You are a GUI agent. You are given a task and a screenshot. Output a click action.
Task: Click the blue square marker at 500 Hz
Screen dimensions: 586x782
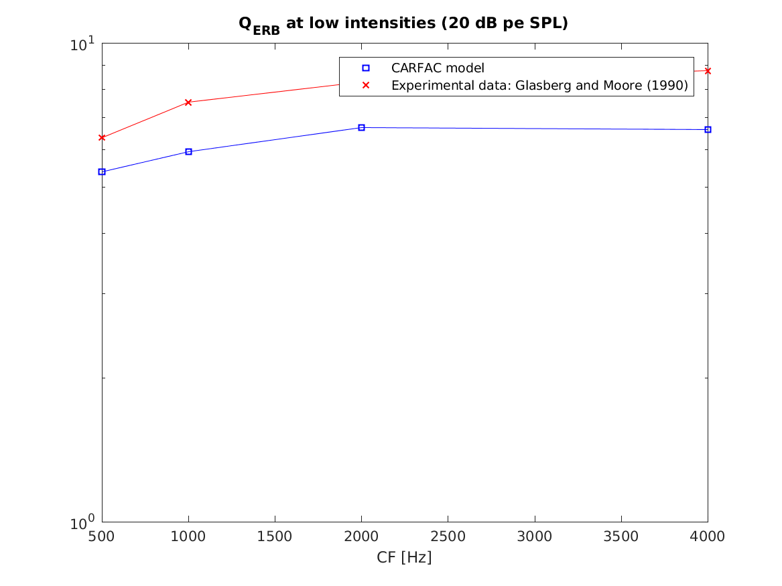click(x=102, y=171)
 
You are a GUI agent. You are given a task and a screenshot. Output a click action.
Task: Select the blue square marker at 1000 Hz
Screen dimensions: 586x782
click(x=188, y=151)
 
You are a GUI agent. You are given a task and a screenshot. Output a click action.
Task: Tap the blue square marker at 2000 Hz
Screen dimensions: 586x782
click(x=361, y=127)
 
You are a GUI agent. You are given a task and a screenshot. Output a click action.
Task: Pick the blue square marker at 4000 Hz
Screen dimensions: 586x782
click(x=708, y=129)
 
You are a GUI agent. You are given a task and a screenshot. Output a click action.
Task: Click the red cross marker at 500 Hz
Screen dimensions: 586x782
click(x=102, y=137)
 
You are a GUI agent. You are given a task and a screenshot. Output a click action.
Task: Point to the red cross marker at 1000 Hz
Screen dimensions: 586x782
click(x=188, y=102)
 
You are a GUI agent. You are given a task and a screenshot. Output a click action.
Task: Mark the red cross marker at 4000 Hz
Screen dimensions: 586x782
click(x=708, y=70)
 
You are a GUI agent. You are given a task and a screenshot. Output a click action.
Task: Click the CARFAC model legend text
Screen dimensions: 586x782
click(x=437, y=68)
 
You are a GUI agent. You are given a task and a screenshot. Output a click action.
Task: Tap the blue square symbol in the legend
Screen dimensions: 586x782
click(x=366, y=68)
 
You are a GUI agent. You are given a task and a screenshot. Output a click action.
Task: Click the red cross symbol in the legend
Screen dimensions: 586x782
click(x=366, y=86)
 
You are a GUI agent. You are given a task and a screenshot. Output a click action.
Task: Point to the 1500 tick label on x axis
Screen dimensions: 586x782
click(x=275, y=536)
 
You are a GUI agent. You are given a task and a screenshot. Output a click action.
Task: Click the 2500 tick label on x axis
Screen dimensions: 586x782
click(x=448, y=536)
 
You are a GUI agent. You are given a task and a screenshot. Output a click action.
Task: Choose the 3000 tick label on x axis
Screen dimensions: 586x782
click(x=535, y=536)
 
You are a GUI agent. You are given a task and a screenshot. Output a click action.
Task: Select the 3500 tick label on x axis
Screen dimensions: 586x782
click(x=621, y=536)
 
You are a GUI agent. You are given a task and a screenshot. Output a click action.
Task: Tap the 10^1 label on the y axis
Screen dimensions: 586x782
click(x=83, y=46)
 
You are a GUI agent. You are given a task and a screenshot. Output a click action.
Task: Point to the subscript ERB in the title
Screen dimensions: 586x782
click(x=267, y=30)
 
